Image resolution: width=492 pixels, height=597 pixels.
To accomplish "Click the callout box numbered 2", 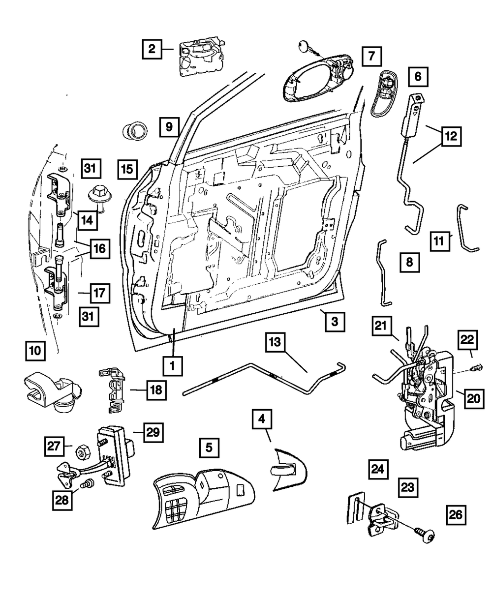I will click(x=152, y=49).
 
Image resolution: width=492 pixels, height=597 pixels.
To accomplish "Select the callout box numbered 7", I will click(x=371, y=57).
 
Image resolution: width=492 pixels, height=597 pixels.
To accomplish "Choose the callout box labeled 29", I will click(x=153, y=433).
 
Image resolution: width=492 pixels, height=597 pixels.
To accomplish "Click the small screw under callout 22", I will click(x=476, y=367).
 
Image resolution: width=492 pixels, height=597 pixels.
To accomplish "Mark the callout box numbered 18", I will click(x=155, y=390).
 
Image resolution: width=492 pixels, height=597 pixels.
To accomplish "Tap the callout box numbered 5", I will click(x=209, y=448).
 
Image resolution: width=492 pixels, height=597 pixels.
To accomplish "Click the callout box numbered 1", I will click(x=173, y=366).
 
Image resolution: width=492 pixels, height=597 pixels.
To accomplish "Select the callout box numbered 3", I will click(x=334, y=322).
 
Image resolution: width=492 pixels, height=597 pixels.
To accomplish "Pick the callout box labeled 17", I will click(x=99, y=294).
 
